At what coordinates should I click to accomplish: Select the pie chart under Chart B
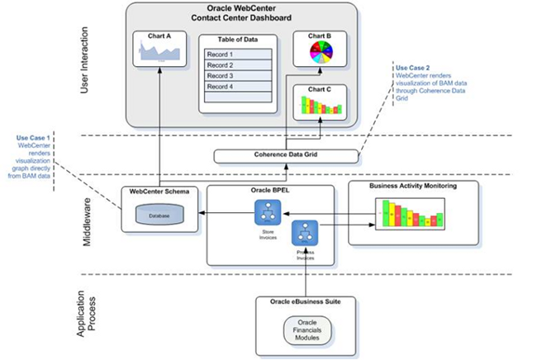point(317,54)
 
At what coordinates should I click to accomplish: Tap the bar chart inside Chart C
point(318,107)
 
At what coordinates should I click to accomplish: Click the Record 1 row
point(236,54)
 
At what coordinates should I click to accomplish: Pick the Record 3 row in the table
point(236,76)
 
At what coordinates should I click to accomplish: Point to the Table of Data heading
point(236,39)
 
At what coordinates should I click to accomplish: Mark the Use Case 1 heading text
point(33,137)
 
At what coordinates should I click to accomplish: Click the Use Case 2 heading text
point(411,66)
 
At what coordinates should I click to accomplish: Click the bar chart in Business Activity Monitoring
point(409,219)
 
